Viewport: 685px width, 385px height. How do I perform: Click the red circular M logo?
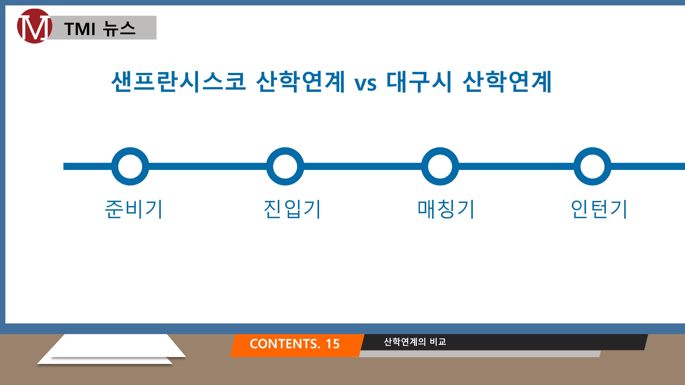[35, 26]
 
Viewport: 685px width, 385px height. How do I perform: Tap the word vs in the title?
[365, 84]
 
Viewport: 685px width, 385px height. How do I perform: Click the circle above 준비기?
[130, 166]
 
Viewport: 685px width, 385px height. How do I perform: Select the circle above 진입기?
[285, 166]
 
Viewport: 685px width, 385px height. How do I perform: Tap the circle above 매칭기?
[440, 166]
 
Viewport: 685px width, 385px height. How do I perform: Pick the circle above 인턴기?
[593, 166]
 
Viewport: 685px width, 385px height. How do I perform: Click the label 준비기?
[134, 209]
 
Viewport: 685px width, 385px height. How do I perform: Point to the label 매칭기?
[446, 209]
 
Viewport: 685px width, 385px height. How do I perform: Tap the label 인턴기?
[599, 209]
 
